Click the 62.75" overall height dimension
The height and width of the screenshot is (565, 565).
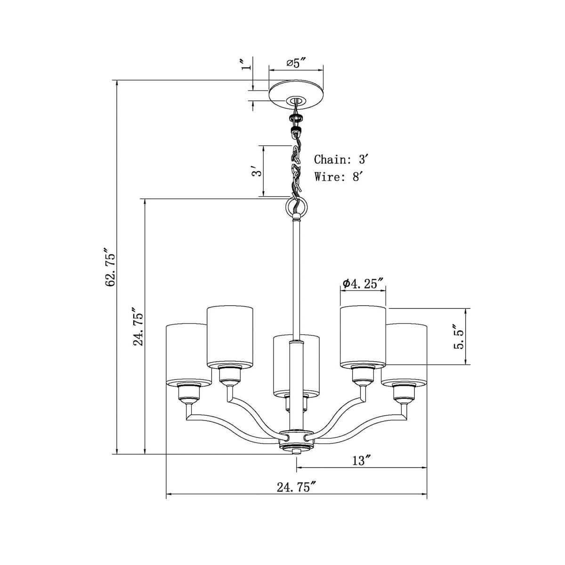tap(110, 267)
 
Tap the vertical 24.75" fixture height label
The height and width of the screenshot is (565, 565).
tap(138, 327)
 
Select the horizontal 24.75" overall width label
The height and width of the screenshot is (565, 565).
tap(295, 487)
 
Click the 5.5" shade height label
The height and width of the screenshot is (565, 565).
tap(458, 336)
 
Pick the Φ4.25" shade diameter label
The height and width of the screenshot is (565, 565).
tap(363, 283)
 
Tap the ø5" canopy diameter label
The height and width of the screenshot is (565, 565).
tap(296, 63)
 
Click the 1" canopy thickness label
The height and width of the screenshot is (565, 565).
tap(243, 65)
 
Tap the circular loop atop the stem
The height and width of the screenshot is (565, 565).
tap(296, 206)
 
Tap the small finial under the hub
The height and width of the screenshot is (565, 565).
tap(296, 452)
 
